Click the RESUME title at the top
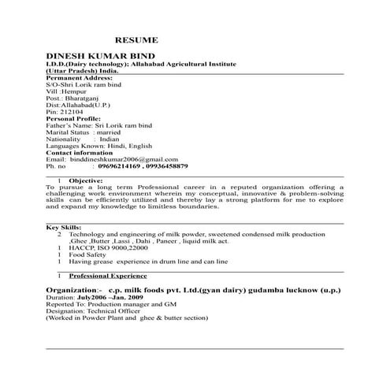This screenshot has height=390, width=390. coord(136,39)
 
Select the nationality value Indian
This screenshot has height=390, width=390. coord(104,140)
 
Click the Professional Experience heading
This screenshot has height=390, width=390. coord(108,277)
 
